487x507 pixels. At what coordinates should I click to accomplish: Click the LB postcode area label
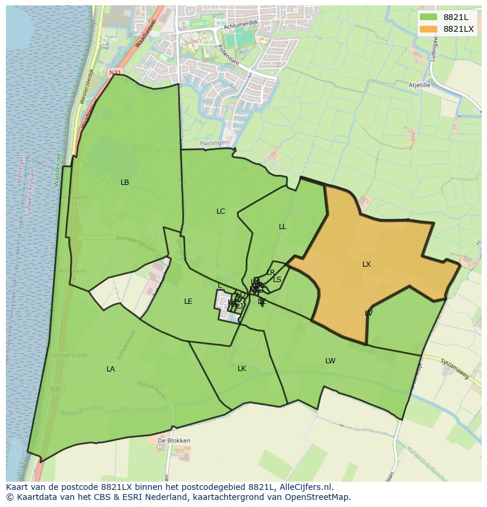click(x=125, y=183)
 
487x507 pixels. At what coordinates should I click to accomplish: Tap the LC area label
click(x=221, y=211)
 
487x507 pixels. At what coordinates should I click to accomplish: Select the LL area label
click(x=283, y=227)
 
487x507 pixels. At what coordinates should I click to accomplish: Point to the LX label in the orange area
click(x=366, y=264)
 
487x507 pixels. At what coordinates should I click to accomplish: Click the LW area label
click(x=331, y=361)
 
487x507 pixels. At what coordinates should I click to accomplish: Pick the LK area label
click(x=242, y=369)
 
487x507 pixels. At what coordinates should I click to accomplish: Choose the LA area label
click(x=111, y=369)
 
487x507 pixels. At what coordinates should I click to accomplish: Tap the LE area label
click(x=188, y=301)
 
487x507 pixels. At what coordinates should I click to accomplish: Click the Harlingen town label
click(x=214, y=143)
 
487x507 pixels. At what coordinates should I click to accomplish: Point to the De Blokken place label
click(x=174, y=440)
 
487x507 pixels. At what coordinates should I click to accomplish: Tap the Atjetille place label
click(x=419, y=85)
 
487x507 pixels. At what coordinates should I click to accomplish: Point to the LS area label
click(x=277, y=280)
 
